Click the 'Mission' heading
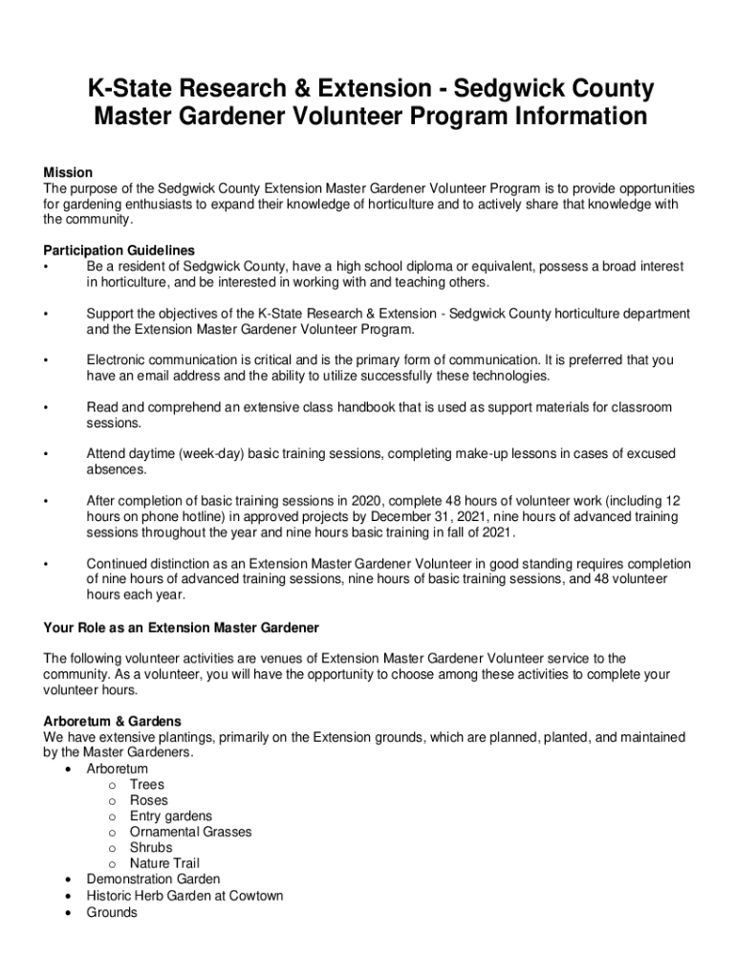(x=68, y=173)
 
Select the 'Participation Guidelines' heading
(x=119, y=251)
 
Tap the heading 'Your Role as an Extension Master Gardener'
(x=181, y=628)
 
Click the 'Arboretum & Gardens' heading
(x=112, y=722)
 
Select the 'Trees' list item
(x=147, y=785)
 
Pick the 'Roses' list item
(x=148, y=800)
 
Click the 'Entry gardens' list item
(x=171, y=816)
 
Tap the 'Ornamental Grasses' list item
(x=191, y=832)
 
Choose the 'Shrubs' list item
(x=151, y=848)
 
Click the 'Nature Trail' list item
(x=164, y=863)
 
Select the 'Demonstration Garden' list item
(x=153, y=880)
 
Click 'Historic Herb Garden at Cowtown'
(x=184, y=896)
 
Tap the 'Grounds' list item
(x=112, y=912)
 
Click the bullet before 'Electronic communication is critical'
(x=45, y=361)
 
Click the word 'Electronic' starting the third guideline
(x=118, y=360)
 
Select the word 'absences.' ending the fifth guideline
(x=117, y=470)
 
